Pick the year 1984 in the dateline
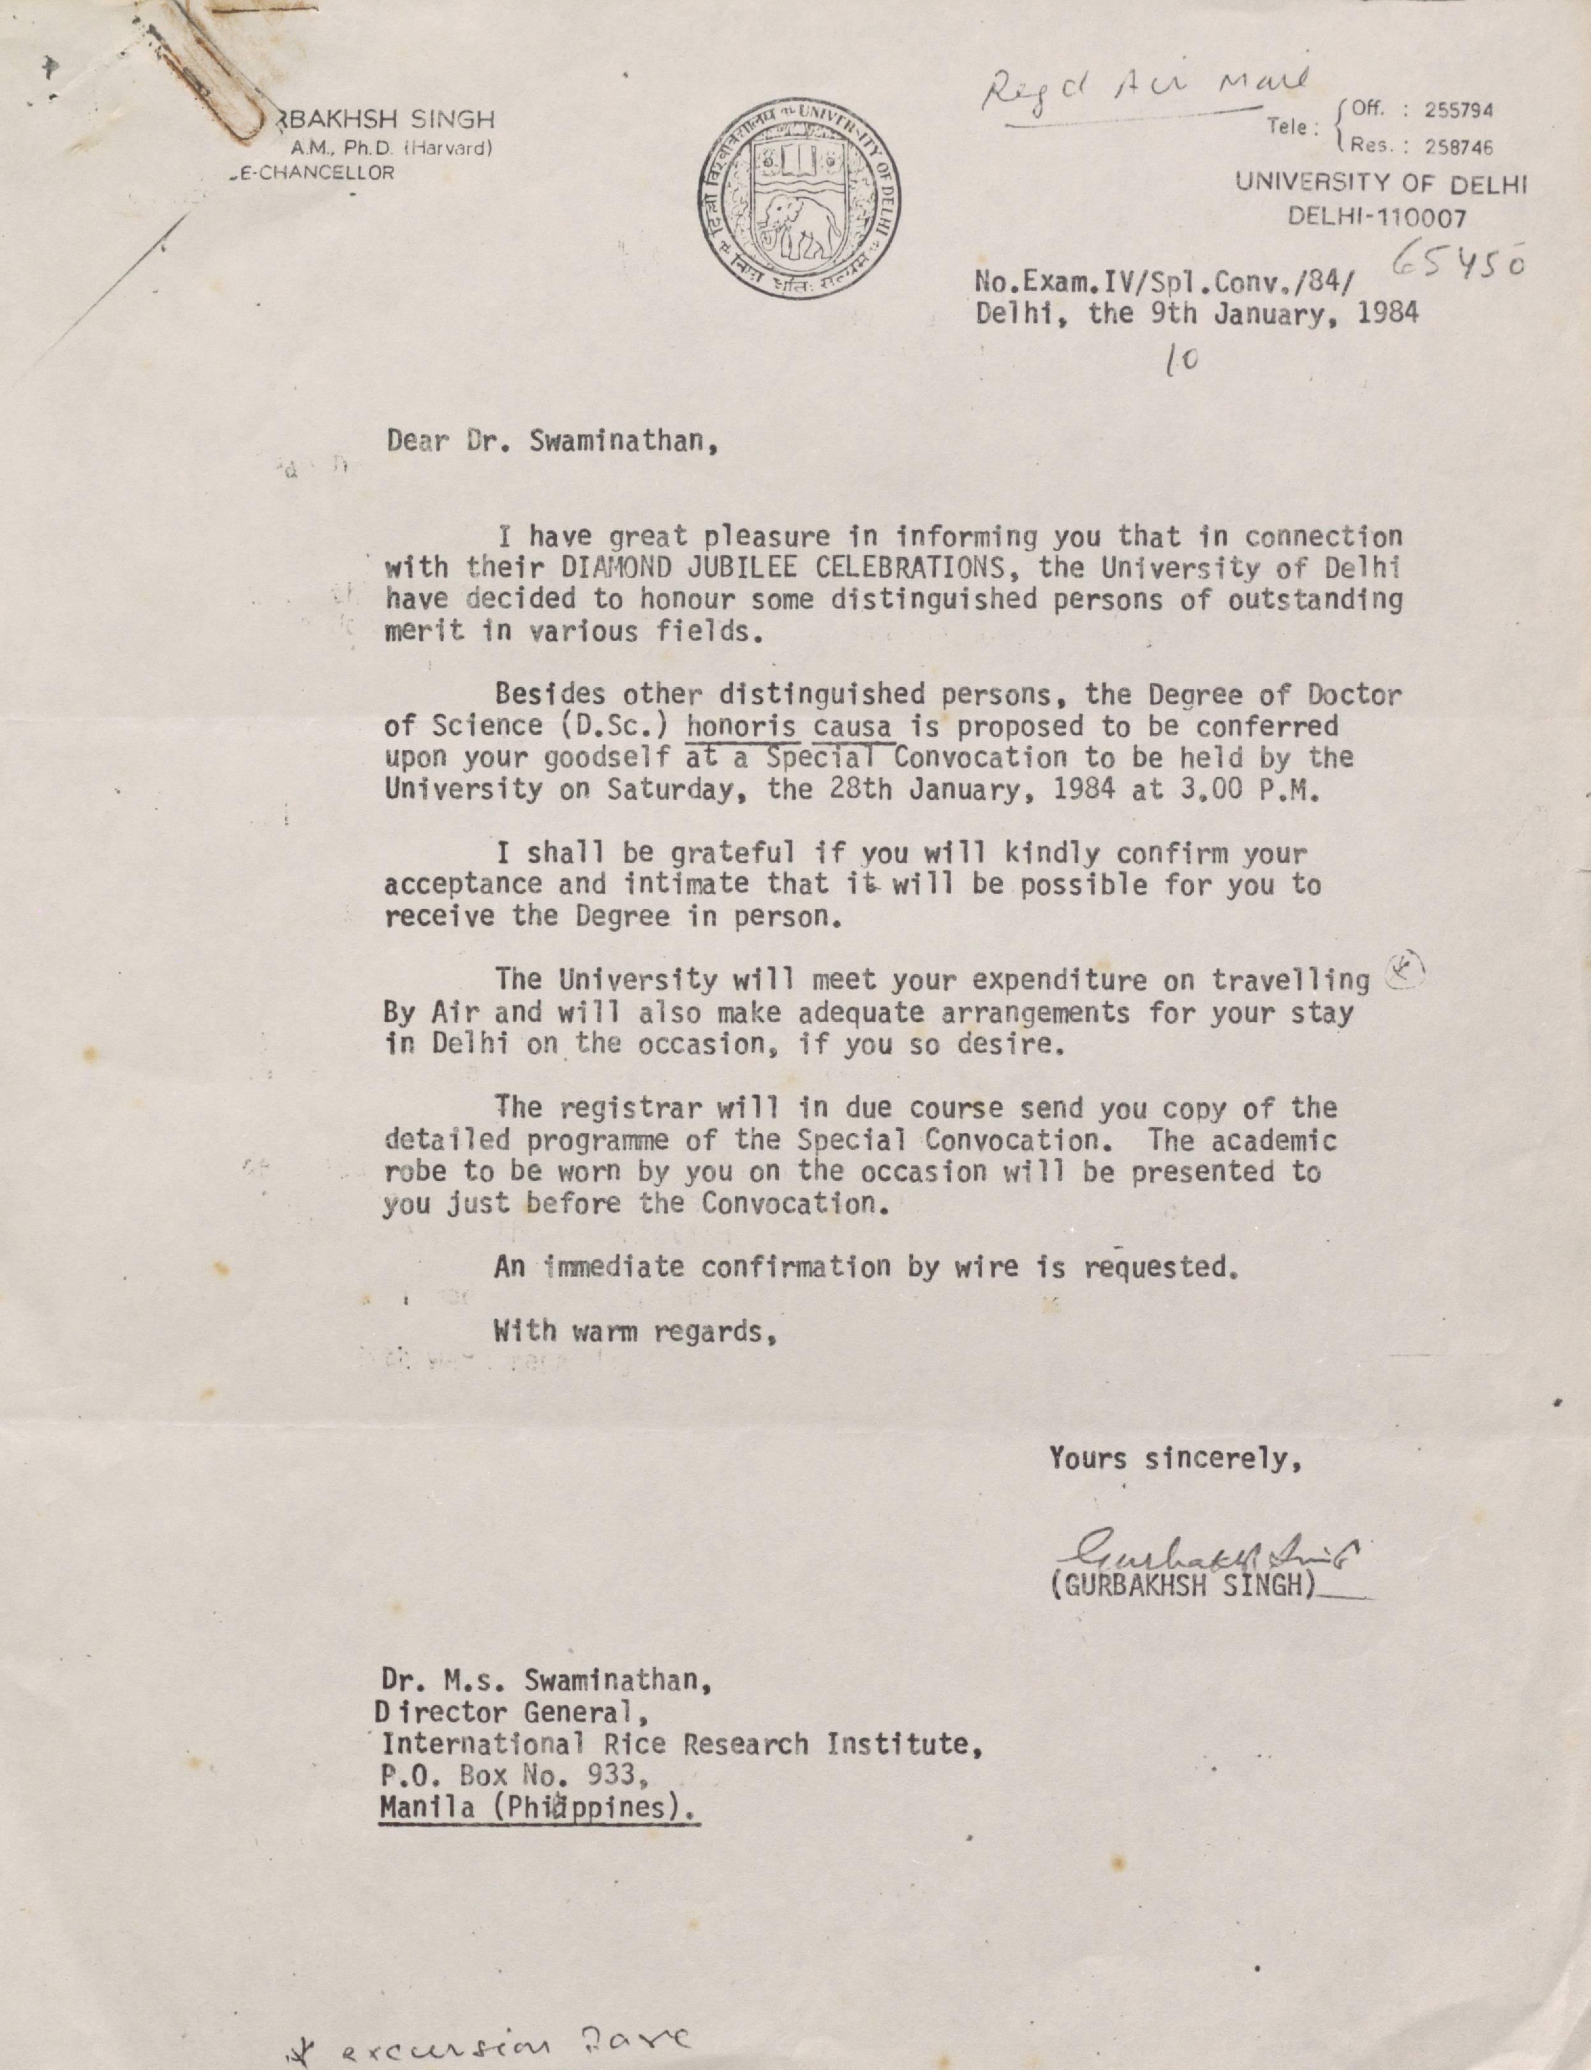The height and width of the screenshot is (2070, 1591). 1388,313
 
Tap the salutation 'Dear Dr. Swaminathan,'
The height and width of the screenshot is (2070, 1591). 551,442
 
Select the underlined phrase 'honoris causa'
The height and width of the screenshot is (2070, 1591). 790,727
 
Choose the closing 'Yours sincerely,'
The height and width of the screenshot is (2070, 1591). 1174,1458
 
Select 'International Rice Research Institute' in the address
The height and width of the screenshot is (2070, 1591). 677,1744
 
